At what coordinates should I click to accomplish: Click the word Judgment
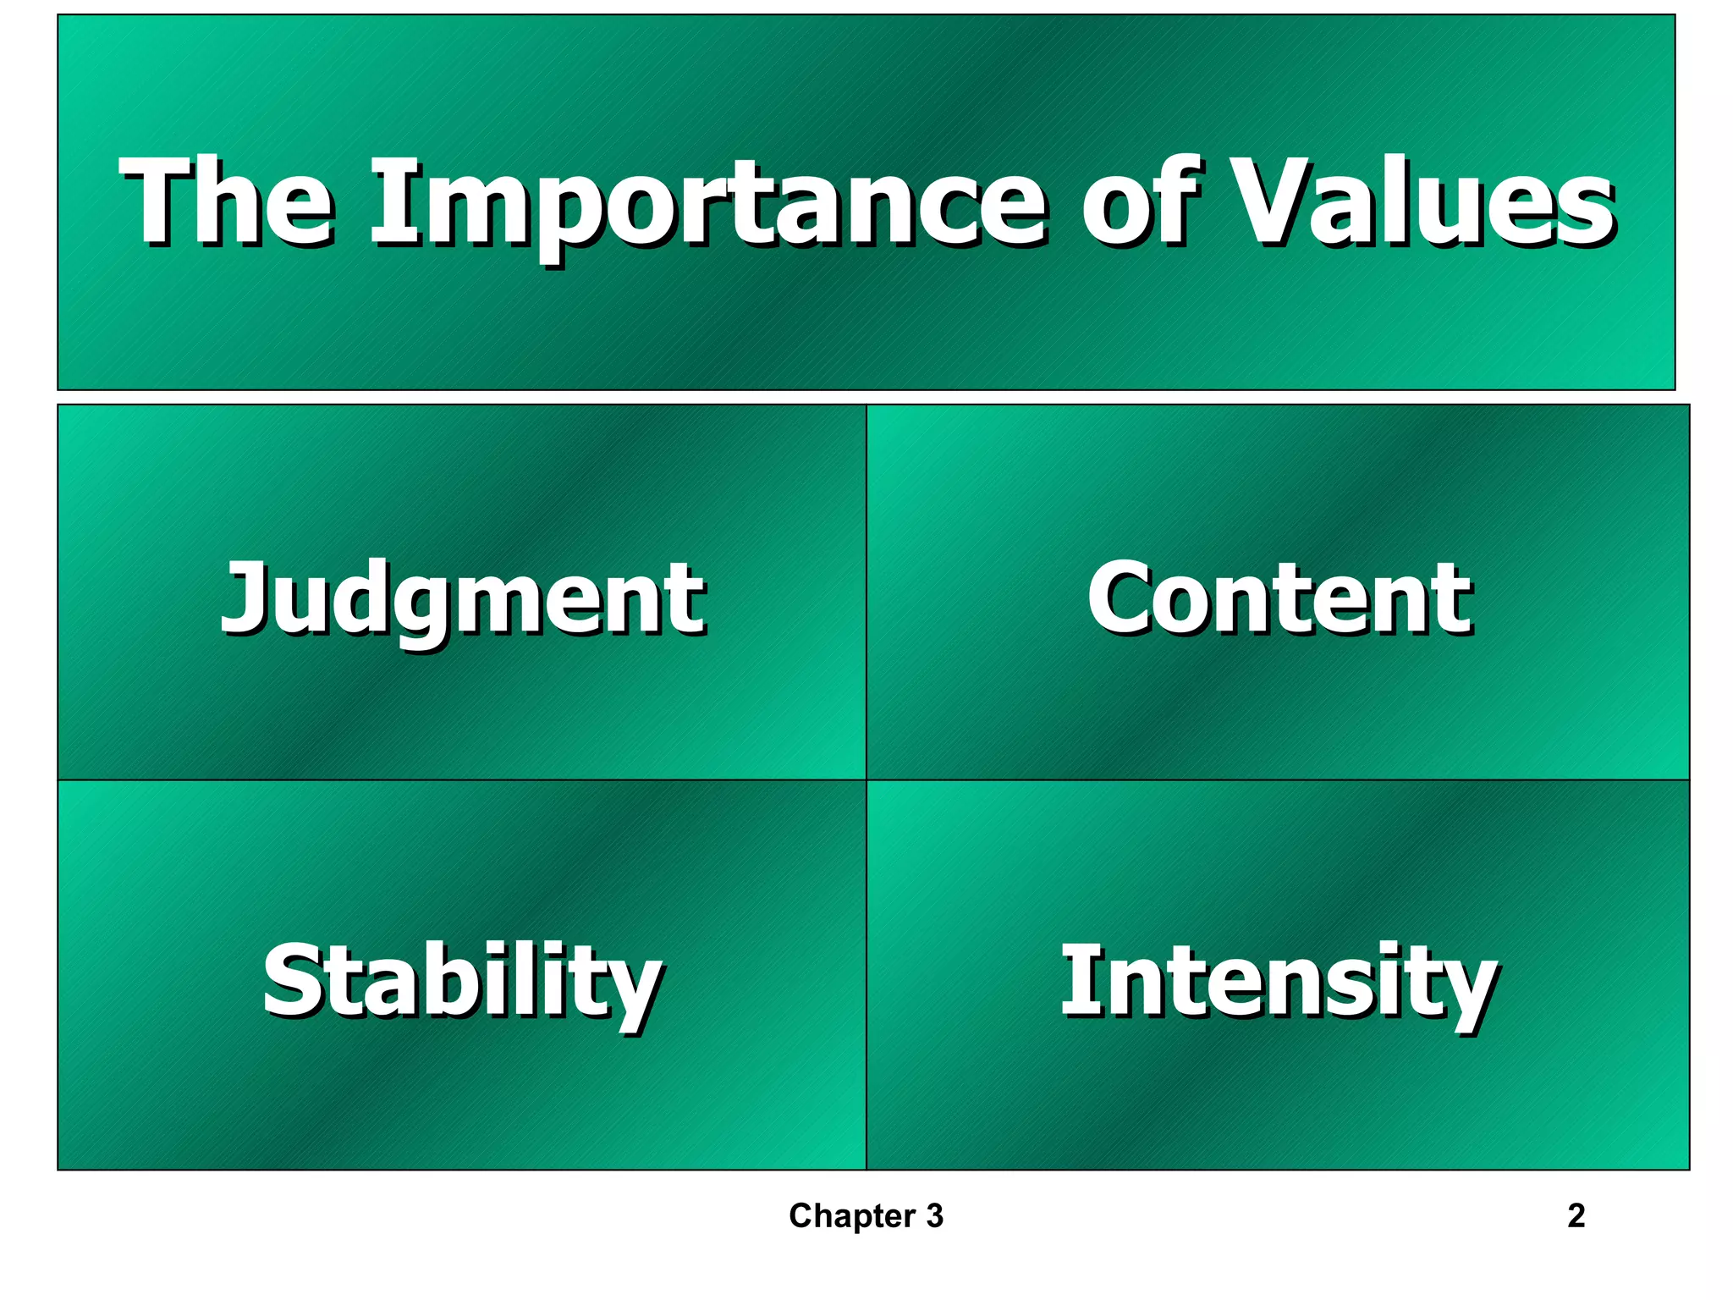(x=463, y=599)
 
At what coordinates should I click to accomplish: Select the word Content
(x=1279, y=599)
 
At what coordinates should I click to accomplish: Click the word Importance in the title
(x=709, y=203)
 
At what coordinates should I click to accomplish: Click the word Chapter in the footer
(x=851, y=1216)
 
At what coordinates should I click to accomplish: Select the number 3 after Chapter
(x=934, y=1216)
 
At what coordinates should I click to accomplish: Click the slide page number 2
(x=1576, y=1216)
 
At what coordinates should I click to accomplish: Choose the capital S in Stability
(x=292, y=982)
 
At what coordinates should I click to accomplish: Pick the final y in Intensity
(x=1471, y=992)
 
